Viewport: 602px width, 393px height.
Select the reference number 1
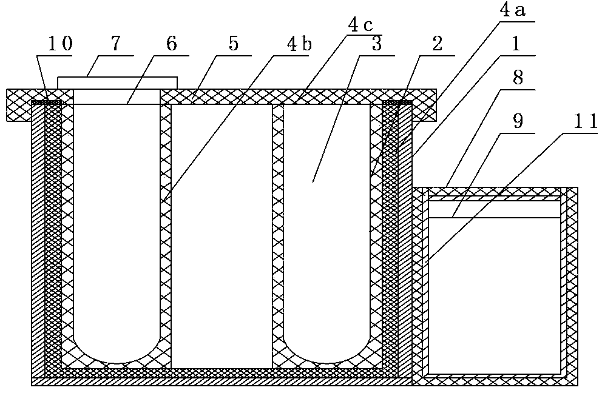pyautogui.click(x=515, y=45)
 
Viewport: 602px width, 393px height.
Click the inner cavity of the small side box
pyautogui.click(x=494, y=291)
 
